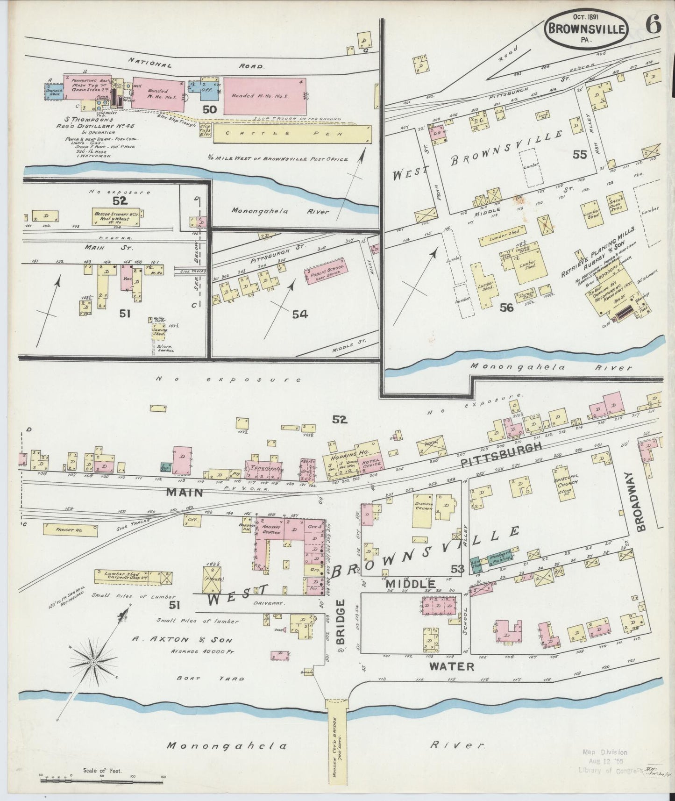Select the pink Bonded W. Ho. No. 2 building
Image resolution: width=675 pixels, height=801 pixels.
(x=264, y=96)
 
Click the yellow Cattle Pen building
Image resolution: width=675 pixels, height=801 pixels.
(x=292, y=134)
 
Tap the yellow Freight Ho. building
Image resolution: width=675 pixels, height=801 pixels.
(x=71, y=529)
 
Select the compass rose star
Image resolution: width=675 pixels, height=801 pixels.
(x=94, y=662)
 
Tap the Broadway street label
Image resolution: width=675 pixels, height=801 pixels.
(x=641, y=501)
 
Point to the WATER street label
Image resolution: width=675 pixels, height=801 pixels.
(x=451, y=666)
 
